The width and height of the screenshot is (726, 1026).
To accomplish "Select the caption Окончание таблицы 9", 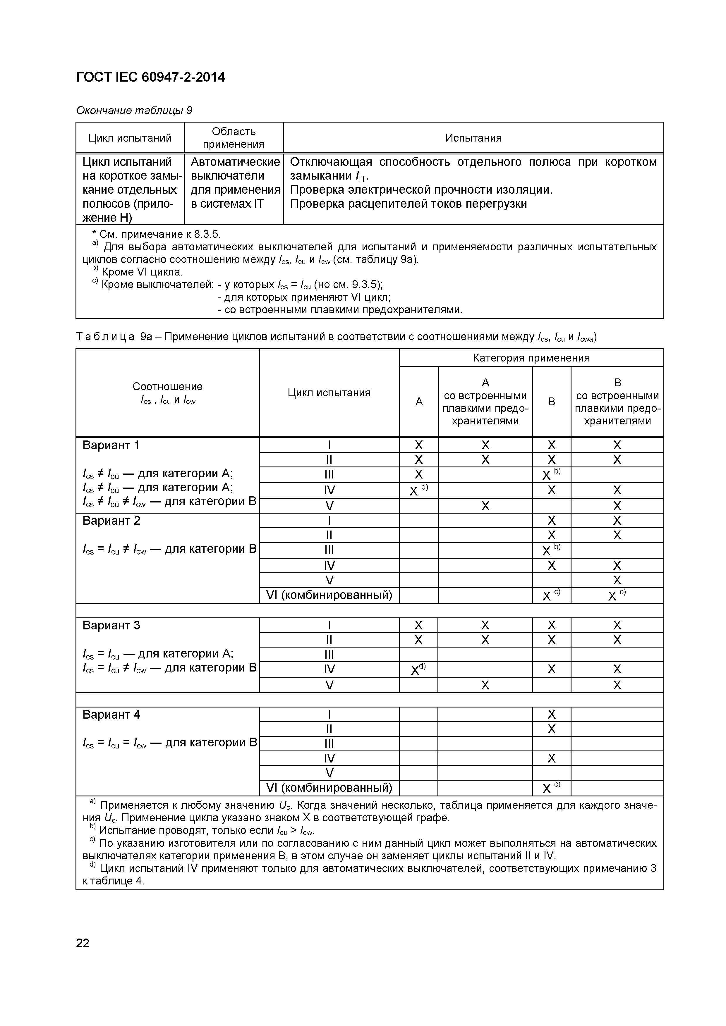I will pos(134,110).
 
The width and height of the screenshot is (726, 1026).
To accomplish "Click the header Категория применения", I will pos(531,358).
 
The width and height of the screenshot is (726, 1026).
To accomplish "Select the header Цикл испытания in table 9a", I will pos(329,393).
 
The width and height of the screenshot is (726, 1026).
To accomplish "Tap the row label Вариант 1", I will pos(111,445).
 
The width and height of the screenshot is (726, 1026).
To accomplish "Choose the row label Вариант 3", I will pos(111,625).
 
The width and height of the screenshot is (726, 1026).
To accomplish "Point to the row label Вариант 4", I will pos(111,715).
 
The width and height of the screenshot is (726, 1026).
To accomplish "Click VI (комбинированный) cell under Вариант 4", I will pos(329,788).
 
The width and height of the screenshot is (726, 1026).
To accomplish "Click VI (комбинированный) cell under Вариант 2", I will pos(329,595).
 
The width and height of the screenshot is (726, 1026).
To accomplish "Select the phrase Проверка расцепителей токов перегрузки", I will pos(408,204).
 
